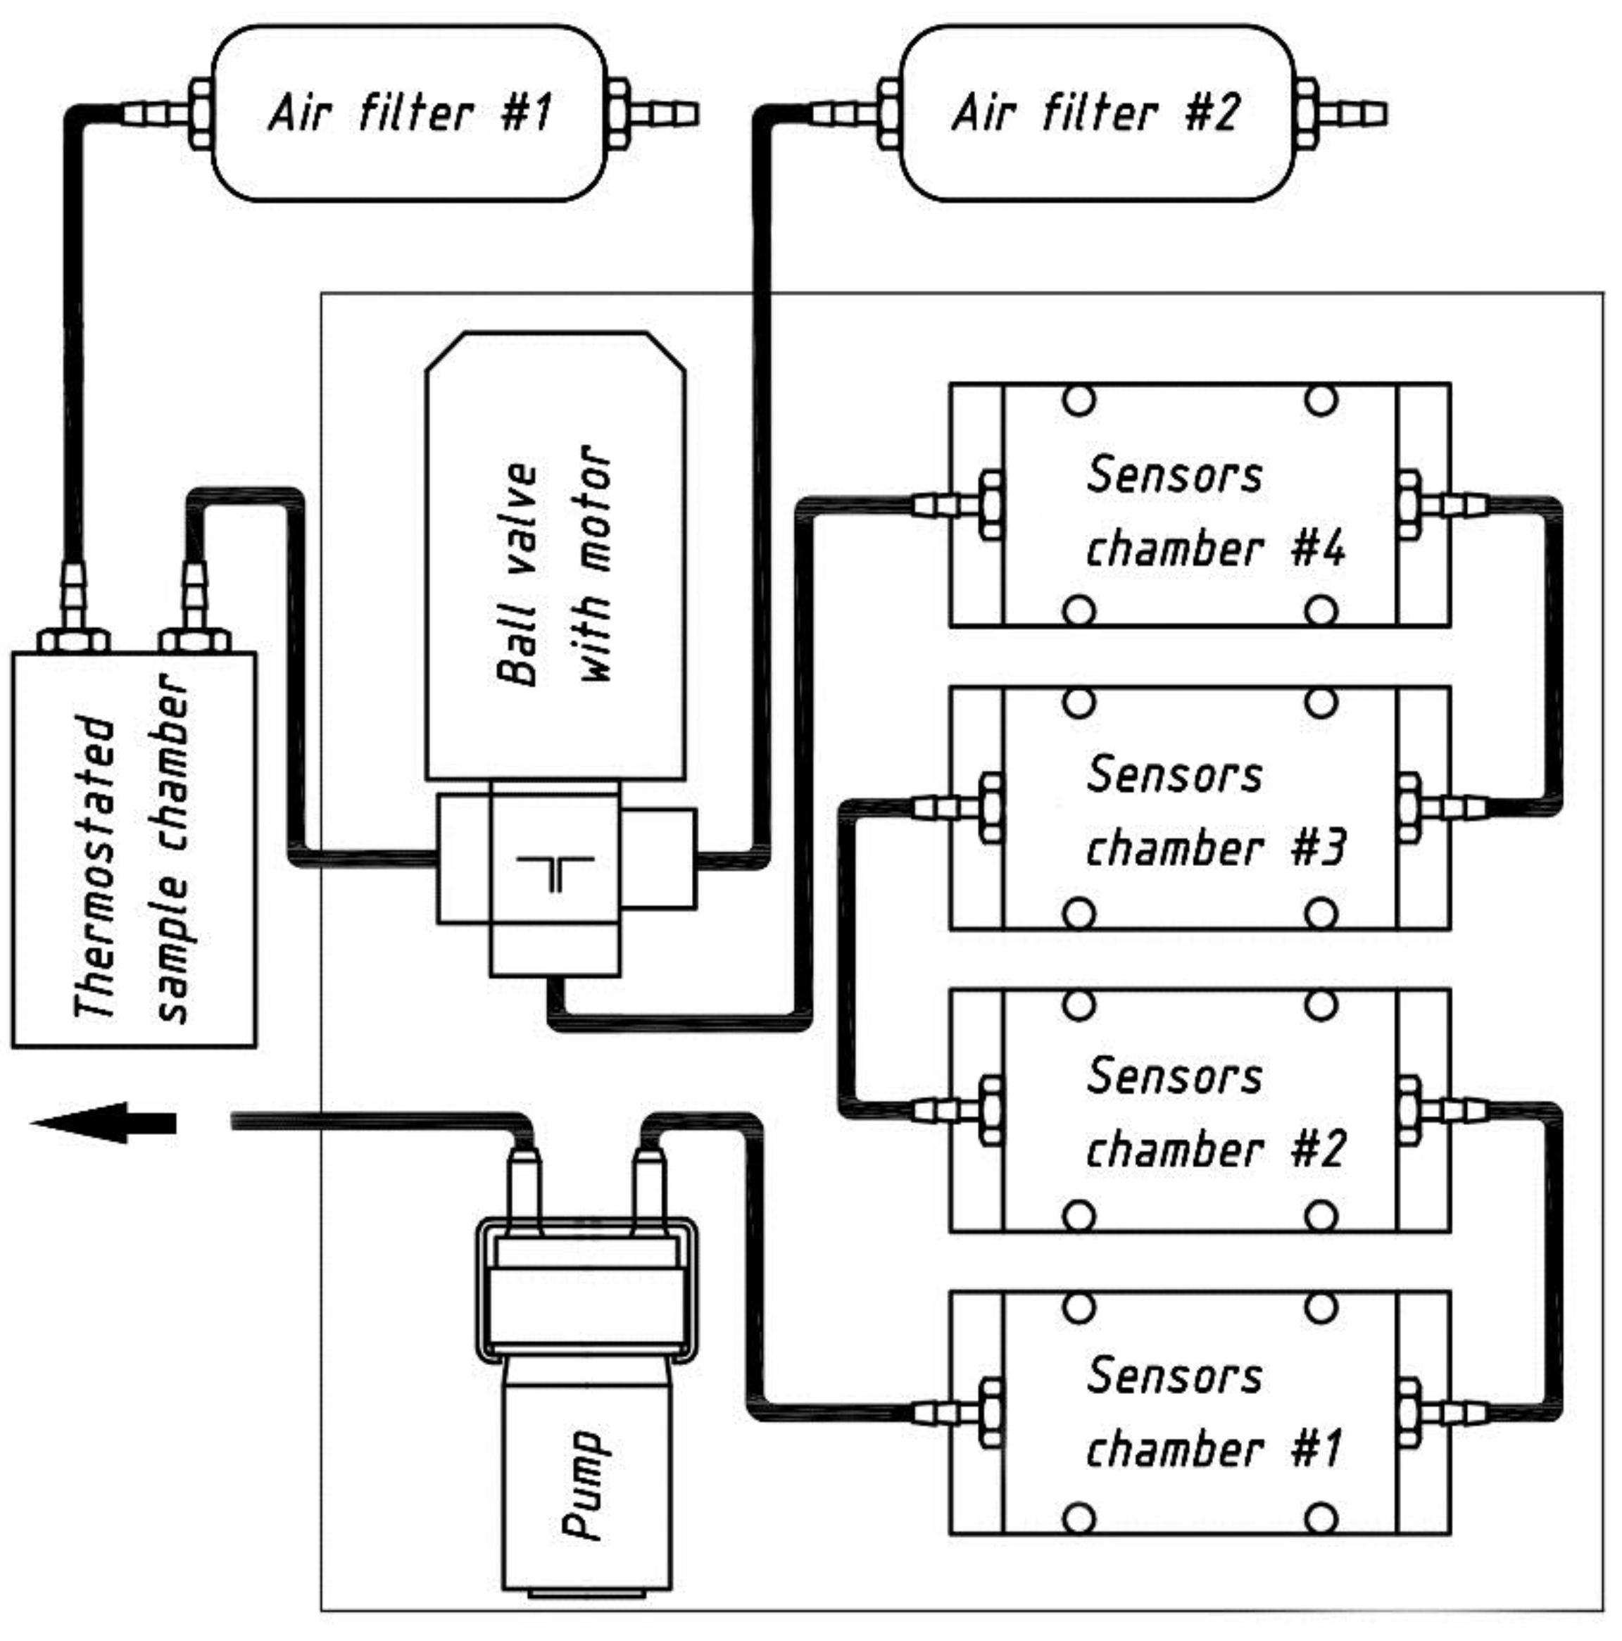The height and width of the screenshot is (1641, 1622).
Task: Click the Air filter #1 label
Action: tap(409, 112)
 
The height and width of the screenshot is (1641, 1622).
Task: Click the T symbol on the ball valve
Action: tap(553, 872)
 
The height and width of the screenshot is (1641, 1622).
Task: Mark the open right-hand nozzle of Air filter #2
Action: tap(1359, 114)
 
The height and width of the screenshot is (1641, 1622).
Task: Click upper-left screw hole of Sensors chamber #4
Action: tap(1079, 399)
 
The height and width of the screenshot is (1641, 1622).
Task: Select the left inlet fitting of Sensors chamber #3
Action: tap(955, 807)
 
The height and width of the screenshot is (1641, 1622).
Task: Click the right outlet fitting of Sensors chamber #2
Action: tap(1444, 1109)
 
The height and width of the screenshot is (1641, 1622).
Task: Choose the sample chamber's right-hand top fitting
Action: tap(194, 608)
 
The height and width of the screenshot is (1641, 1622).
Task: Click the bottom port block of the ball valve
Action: tap(553, 950)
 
